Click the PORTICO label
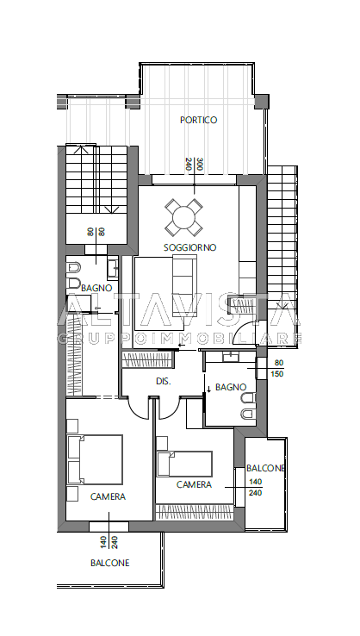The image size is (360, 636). click(199, 120)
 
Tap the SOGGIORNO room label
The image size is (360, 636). click(189, 247)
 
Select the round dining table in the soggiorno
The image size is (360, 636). click(183, 218)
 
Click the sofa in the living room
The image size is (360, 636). click(184, 285)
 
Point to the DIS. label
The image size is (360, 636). click(163, 381)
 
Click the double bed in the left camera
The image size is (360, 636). click(95, 459)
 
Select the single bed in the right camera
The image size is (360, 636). click(184, 464)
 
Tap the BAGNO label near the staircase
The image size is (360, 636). click(96, 288)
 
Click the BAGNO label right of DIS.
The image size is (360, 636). click(231, 387)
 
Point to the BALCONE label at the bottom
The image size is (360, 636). click(110, 563)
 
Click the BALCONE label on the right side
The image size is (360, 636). click(265, 468)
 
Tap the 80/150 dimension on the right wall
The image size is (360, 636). click(279, 368)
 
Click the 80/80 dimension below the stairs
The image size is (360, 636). click(96, 232)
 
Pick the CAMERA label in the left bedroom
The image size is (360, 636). click(108, 496)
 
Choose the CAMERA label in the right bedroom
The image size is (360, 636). click(194, 484)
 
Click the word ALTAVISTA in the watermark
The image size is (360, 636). click(178, 309)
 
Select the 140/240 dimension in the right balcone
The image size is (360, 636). click(256, 488)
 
